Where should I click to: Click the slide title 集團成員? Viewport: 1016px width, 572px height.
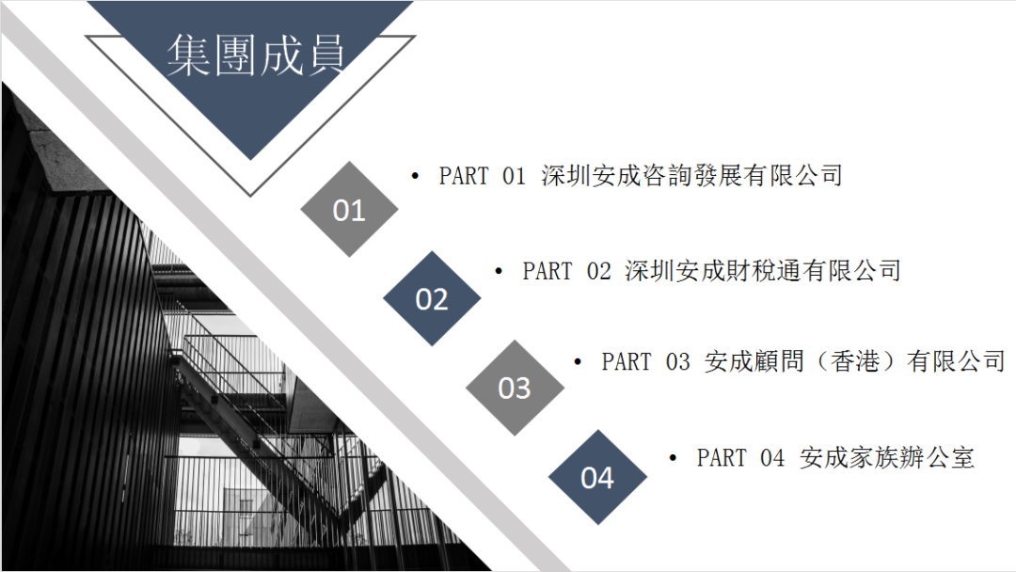[x=255, y=56]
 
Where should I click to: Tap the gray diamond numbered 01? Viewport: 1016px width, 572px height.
[x=349, y=209]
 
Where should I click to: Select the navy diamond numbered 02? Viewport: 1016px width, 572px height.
[x=432, y=298]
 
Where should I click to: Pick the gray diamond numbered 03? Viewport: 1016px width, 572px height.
[x=515, y=388]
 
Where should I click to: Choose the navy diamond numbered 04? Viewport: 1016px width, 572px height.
[x=597, y=477]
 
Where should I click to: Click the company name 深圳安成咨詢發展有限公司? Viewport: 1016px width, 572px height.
[x=692, y=176]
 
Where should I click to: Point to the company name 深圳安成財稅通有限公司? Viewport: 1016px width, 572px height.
[x=763, y=271]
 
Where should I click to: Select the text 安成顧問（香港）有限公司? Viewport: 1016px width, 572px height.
[x=855, y=361]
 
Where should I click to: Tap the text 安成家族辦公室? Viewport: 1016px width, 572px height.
[x=887, y=458]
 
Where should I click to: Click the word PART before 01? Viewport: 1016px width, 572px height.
[x=464, y=176]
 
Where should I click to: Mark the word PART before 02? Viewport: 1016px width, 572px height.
[x=548, y=272]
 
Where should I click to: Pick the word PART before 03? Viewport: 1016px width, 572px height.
[x=627, y=362]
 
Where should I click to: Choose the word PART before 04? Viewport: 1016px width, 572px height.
[x=722, y=458]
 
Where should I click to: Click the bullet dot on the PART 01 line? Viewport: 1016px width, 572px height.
[x=416, y=176]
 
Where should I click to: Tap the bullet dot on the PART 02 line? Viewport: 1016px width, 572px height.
[x=499, y=272]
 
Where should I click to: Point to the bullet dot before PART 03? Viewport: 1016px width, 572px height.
[x=578, y=362]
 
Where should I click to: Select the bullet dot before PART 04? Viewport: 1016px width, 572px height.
[x=673, y=458]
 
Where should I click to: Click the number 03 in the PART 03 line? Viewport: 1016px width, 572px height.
[x=677, y=362]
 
